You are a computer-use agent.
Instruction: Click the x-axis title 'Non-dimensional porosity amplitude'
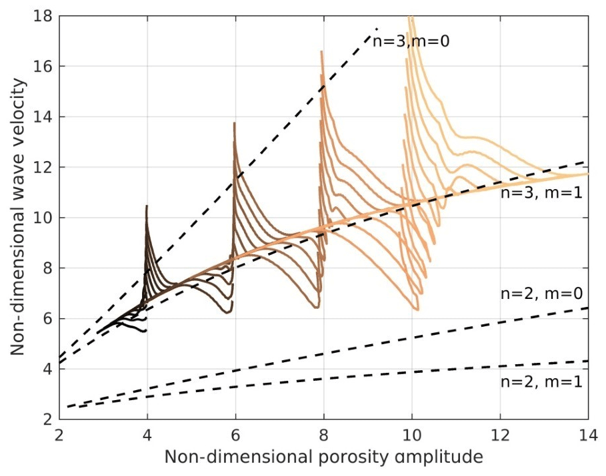pos(323,457)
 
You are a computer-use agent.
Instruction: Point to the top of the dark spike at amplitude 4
pos(147,206)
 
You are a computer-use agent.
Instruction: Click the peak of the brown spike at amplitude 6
pos(234,122)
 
